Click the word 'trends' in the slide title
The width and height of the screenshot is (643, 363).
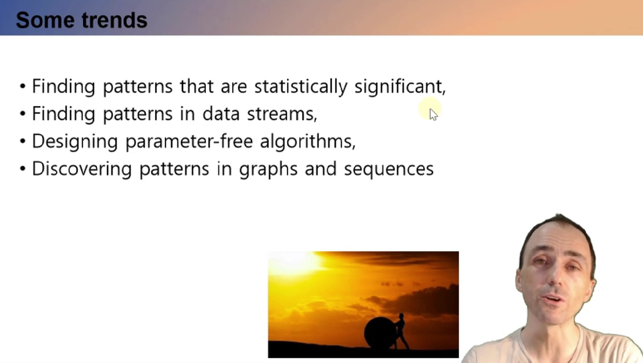pos(114,20)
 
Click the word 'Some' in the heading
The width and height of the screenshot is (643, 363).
pos(45,20)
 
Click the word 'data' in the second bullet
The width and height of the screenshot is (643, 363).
pos(221,113)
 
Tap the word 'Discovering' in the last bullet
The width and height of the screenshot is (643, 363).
pos(82,169)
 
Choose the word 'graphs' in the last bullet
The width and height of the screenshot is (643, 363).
pos(269,169)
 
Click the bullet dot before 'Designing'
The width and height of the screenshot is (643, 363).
pos(23,141)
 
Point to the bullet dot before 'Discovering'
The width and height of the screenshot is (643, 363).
pos(23,169)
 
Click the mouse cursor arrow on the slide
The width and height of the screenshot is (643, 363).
pos(433,115)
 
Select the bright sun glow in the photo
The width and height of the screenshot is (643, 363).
pos(294,262)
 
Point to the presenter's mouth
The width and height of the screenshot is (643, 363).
pos(553,300)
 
